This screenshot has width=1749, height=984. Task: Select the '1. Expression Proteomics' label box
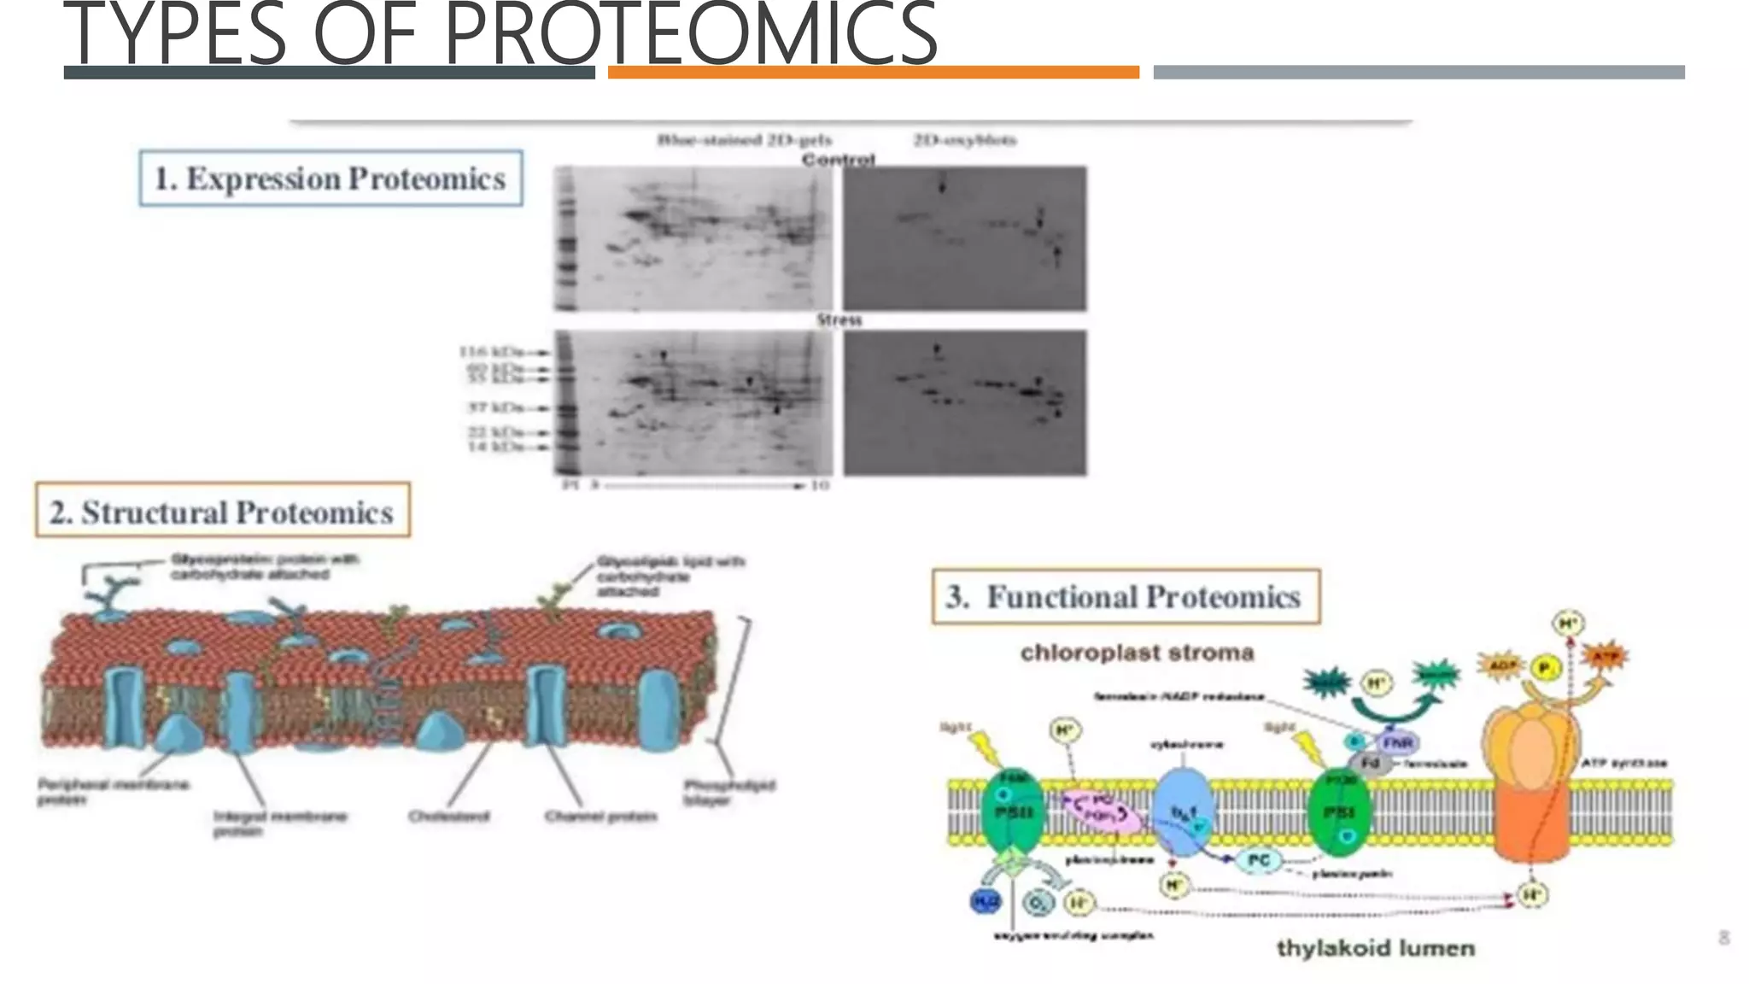(x=330, y=179)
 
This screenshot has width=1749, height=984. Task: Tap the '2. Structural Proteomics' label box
(x=222, y=512)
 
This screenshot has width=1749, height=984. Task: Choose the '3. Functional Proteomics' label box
(x=1126, y=596)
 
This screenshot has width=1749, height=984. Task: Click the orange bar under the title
(x=873, y=73)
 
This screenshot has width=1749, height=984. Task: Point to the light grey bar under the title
(x=1418, y=73)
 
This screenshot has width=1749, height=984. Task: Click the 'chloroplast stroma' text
(x=1137, y=653)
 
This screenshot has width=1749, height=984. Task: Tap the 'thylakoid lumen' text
(x=1375, y=948)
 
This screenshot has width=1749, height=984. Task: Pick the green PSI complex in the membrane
(x=1338, y=811)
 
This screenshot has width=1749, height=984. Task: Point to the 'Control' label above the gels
(x=838, y=160)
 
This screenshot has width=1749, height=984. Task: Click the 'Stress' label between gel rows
(x=839, y=320)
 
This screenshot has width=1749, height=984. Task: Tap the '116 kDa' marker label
(x=491, y=352)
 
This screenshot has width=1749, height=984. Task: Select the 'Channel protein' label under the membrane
(x=600, y=817)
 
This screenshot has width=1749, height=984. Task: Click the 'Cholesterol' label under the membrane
(x=448, y=817)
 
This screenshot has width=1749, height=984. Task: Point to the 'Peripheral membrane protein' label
(x=111, y=792)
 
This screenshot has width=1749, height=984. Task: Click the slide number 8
(x=1723, y=938)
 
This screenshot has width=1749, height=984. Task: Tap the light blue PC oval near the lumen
(x=1258, y=860)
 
